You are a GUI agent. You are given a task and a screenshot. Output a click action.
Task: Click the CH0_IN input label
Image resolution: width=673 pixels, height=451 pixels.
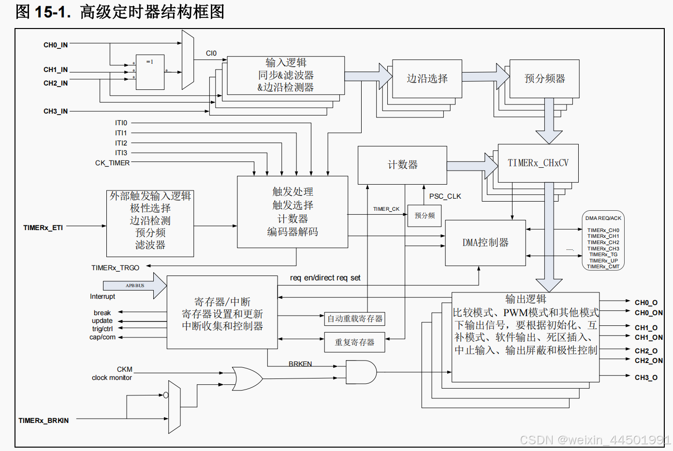[x=56, y=45]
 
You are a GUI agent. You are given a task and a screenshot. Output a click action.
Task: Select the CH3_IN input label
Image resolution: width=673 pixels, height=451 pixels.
[x=56, y=111]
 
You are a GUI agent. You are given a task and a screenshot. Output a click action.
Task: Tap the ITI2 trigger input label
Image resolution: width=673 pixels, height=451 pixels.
[x=121, y=143]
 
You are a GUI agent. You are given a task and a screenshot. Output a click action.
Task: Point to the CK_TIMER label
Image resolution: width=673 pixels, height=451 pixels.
[x=112, y=163]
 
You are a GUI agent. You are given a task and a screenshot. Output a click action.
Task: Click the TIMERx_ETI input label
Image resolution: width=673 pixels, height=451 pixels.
[x=43, y=228]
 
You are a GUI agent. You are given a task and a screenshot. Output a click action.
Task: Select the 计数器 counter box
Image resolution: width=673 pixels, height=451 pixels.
[x=402, y=165]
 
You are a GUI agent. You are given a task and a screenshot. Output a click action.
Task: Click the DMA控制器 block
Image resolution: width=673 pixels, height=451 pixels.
[x=485, y=243]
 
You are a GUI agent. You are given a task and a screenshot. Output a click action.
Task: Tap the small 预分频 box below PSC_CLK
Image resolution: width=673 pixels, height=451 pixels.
[x=424, y=216]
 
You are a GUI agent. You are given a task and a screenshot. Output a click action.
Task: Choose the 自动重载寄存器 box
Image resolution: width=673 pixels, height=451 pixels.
[x=354, y=319]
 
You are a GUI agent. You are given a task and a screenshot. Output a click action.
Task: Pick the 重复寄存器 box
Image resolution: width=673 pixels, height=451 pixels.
[x=354, y=342]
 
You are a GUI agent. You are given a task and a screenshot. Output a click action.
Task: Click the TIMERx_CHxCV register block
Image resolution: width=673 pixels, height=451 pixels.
[x=538, y=163]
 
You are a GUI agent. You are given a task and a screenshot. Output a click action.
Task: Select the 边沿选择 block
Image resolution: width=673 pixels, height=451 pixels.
[x=427, y=78]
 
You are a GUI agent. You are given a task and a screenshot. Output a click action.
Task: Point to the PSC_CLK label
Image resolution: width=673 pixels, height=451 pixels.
[x=445, y=196]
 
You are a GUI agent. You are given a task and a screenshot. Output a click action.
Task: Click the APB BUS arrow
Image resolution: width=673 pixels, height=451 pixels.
[x=135, y=286]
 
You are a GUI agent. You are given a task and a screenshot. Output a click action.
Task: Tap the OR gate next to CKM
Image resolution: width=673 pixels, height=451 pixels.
[x=247, y=378]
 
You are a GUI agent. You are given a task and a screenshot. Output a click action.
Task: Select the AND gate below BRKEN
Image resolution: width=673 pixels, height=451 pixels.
[x=361, y=372]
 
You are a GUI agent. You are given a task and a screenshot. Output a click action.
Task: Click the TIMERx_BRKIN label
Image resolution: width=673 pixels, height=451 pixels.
[x=44, y=421]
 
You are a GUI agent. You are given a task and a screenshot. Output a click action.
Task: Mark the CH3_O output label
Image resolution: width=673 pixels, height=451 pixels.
[x=646, y=378]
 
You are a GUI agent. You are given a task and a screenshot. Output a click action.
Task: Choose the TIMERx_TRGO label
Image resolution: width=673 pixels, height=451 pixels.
[x=115, y=268]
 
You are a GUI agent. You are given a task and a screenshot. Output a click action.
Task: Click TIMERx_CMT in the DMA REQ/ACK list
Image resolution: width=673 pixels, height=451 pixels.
[x=603, y=266]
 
